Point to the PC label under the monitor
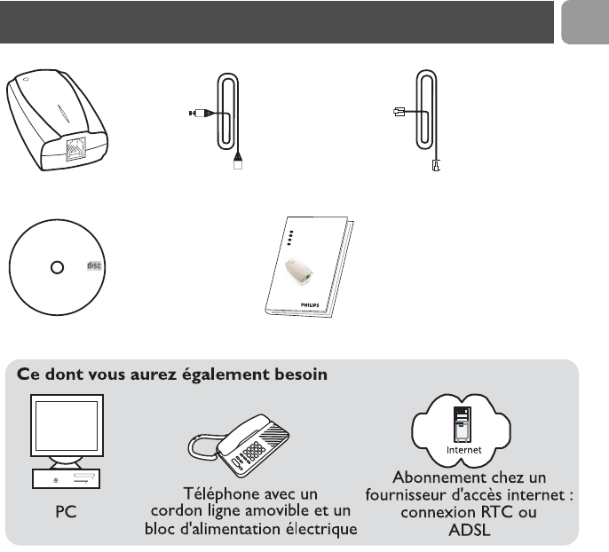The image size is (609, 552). (67, 513)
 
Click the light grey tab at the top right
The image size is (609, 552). (584, 21)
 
